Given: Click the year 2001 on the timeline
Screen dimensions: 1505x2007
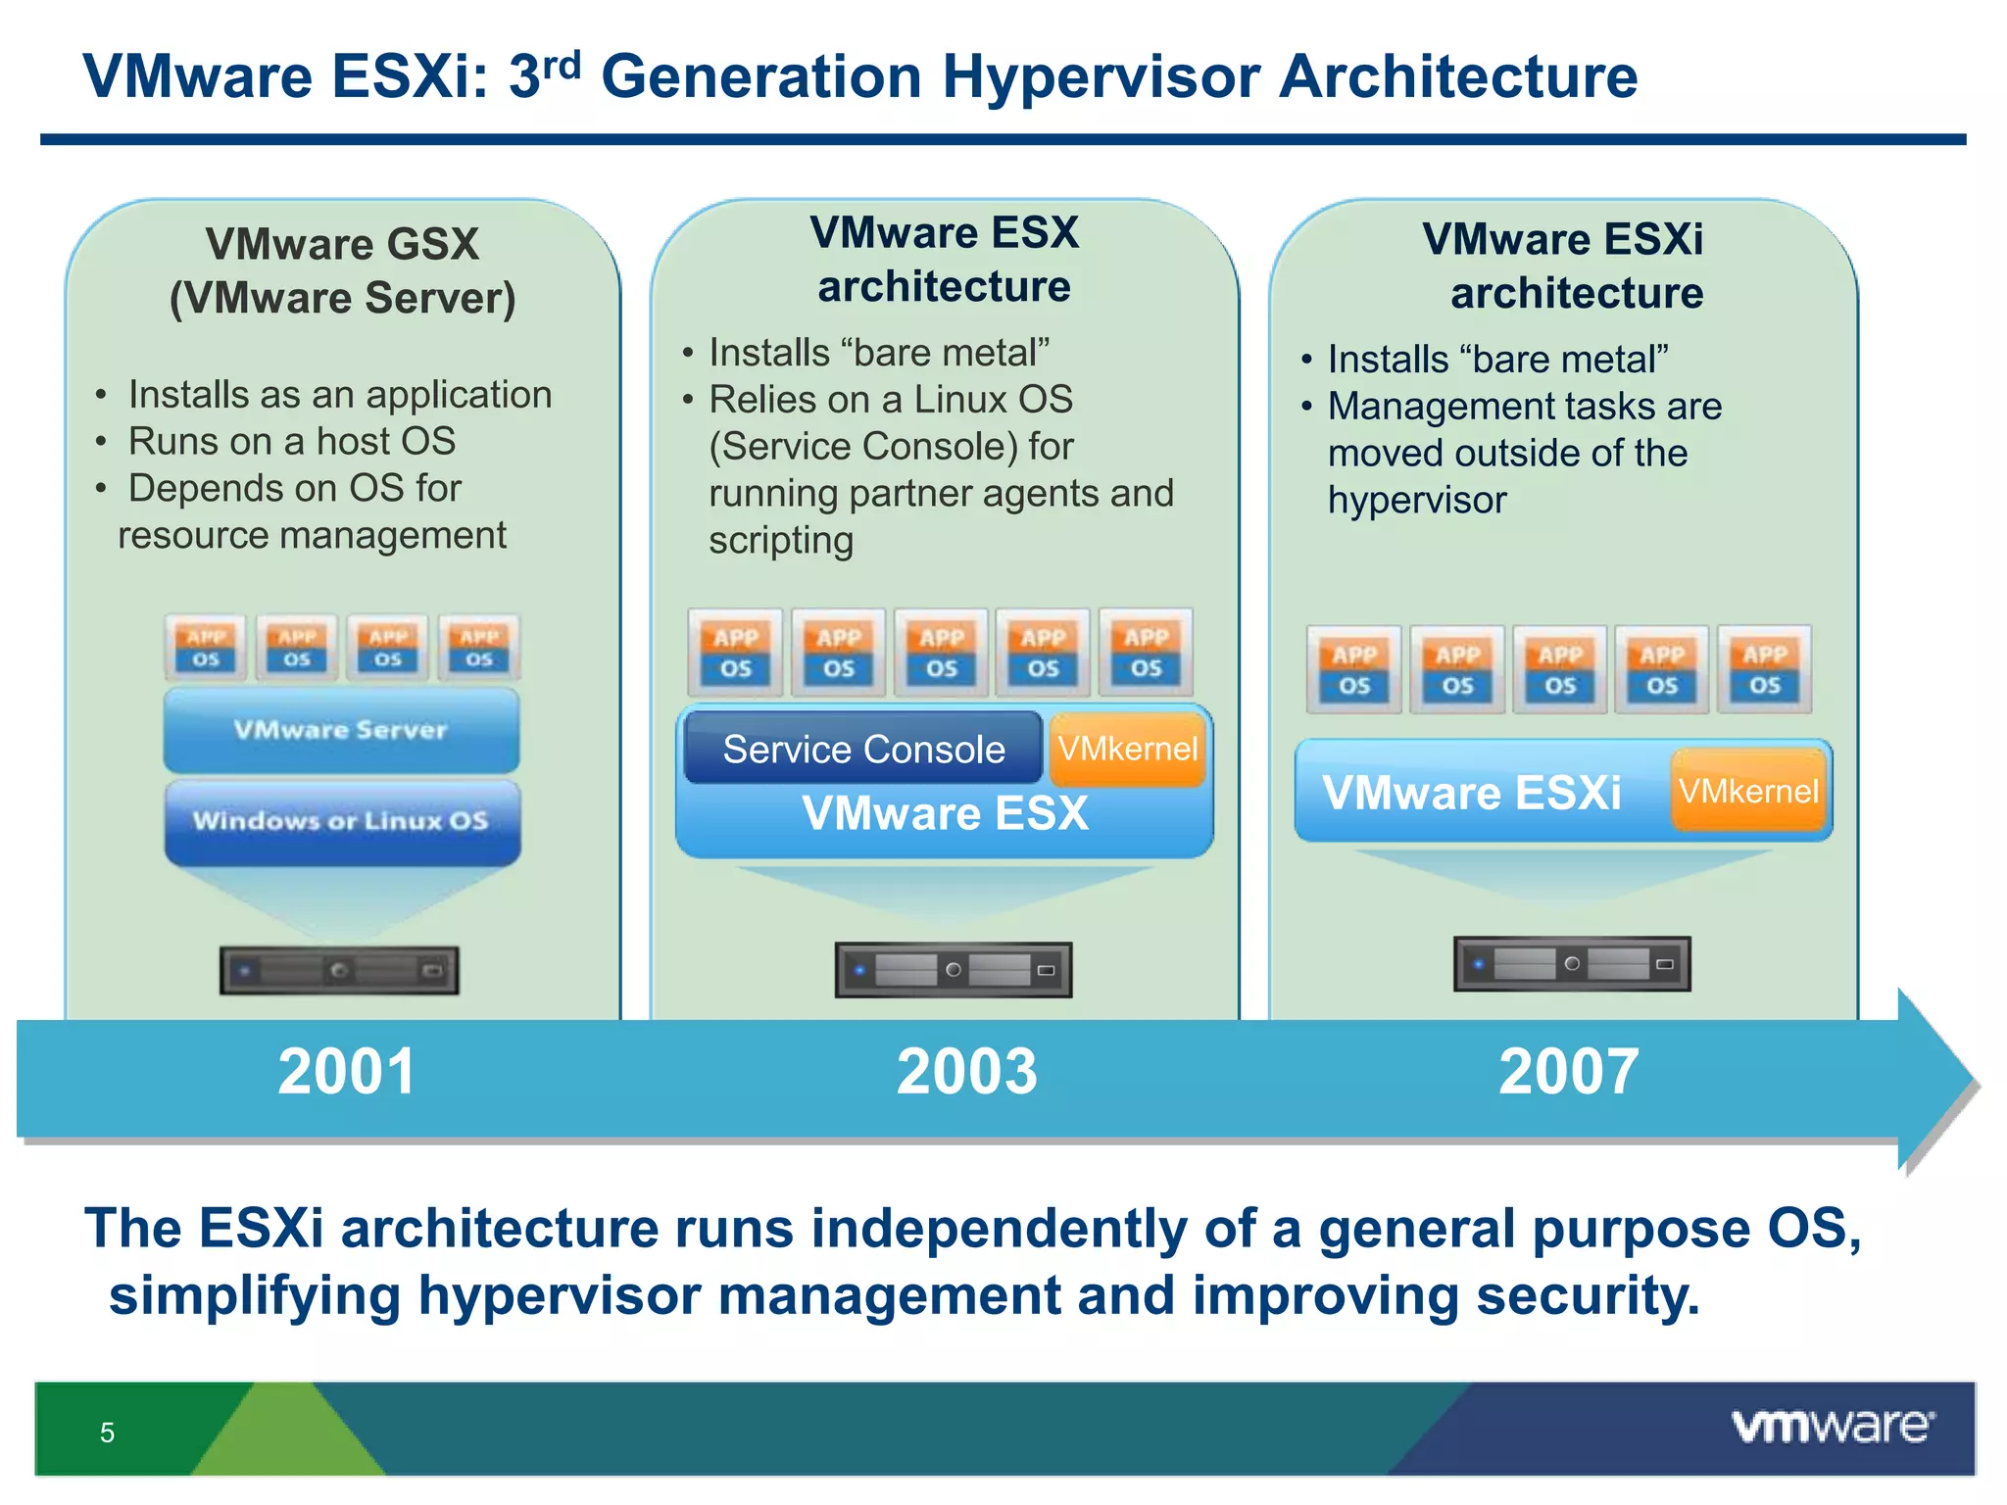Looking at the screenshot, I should [346, 1071].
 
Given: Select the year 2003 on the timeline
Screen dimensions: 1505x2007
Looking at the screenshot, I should [966, 1071].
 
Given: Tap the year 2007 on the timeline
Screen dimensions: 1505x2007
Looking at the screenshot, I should [1568, 1071].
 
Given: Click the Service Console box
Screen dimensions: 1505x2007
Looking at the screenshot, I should [862, 750].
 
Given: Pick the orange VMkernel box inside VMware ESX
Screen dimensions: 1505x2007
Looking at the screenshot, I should [1127, 750].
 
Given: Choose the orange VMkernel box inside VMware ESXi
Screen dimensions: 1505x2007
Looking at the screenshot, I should [1748, 791].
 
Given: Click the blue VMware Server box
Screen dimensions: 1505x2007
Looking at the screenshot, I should [341, 730].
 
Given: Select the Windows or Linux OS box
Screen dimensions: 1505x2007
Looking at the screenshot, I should [341, 821].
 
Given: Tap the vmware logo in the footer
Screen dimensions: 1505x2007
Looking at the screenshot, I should [1833, 1427].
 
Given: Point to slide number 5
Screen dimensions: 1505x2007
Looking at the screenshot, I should [108, 1432].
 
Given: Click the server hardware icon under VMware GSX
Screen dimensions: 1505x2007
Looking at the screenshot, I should [339, 970].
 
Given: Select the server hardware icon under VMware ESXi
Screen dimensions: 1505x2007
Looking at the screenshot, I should [1572, 964].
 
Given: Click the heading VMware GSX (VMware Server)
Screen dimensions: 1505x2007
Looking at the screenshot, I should [342, 270].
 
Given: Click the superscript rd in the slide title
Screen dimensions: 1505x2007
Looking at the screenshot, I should [562, 65].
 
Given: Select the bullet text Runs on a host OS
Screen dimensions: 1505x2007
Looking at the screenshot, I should [291, 441].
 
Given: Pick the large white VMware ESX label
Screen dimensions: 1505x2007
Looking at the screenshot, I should [945, 813].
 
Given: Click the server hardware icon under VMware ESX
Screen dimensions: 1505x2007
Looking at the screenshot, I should [954, 970].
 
